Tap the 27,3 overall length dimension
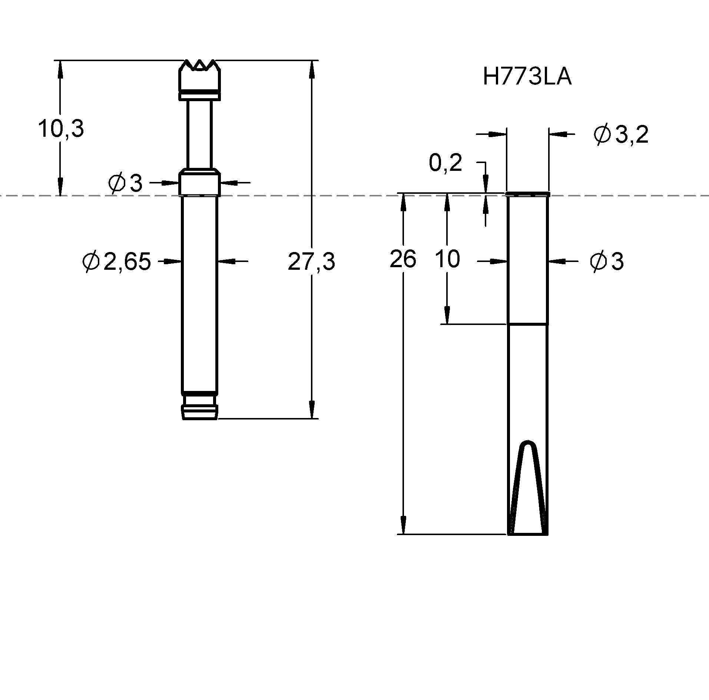point(311,261)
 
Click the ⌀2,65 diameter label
point(117,261)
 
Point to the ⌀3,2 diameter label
point(620,135)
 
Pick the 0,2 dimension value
point(445,163)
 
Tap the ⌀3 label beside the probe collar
point(125,183)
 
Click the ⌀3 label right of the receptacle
point(607,262)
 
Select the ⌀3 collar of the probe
point(200,182)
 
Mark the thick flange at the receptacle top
point(527,194)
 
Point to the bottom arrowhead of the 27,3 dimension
point(312,411)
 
